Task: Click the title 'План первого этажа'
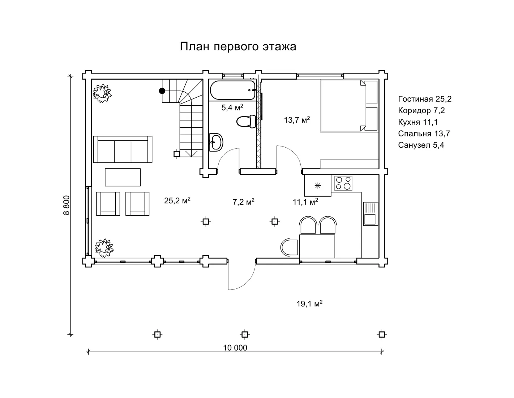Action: point(238,47)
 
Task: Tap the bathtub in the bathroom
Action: point(233,90)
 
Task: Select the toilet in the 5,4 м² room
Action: point(246,122)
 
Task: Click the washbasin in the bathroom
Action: point(216,142)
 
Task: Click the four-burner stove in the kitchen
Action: point(343,183)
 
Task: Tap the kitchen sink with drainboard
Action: point(370,214)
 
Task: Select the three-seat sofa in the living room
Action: point(123,149)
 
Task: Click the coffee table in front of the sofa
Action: point(123,177)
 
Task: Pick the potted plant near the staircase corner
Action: point(102,93)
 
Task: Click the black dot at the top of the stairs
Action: point(162,91)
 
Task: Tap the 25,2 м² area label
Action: point(177,200)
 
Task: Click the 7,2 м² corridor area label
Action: point(243,202)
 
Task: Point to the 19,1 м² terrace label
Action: point(309,304)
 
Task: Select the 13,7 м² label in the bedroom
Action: point(297,120)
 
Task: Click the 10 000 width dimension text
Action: point(235,348)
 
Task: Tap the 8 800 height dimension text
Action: point(67,205)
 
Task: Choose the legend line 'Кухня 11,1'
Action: point(418,122)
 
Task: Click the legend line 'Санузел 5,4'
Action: point(421,145)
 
